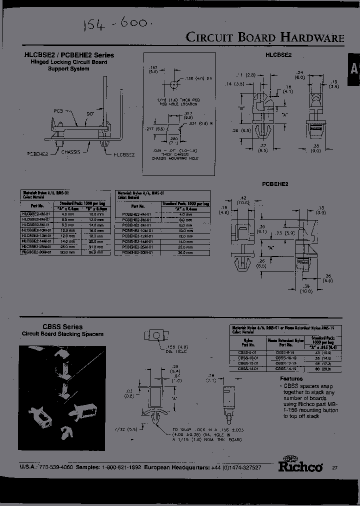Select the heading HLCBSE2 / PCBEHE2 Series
coord(69,55)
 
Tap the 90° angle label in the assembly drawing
coord(89,114)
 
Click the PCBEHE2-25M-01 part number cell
coord(137,247)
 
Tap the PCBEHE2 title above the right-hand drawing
coord(275,184)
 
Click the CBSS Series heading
coord(51,327)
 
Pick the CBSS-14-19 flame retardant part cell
coord(285,368)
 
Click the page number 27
coord(334,467)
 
